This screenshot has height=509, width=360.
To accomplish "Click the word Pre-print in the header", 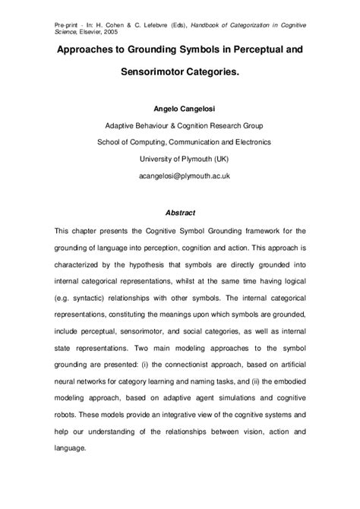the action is click(x=68, y=26).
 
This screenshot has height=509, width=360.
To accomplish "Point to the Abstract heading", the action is click(x=179, y=213).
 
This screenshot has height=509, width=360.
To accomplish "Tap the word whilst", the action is click(x=194, y=286).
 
